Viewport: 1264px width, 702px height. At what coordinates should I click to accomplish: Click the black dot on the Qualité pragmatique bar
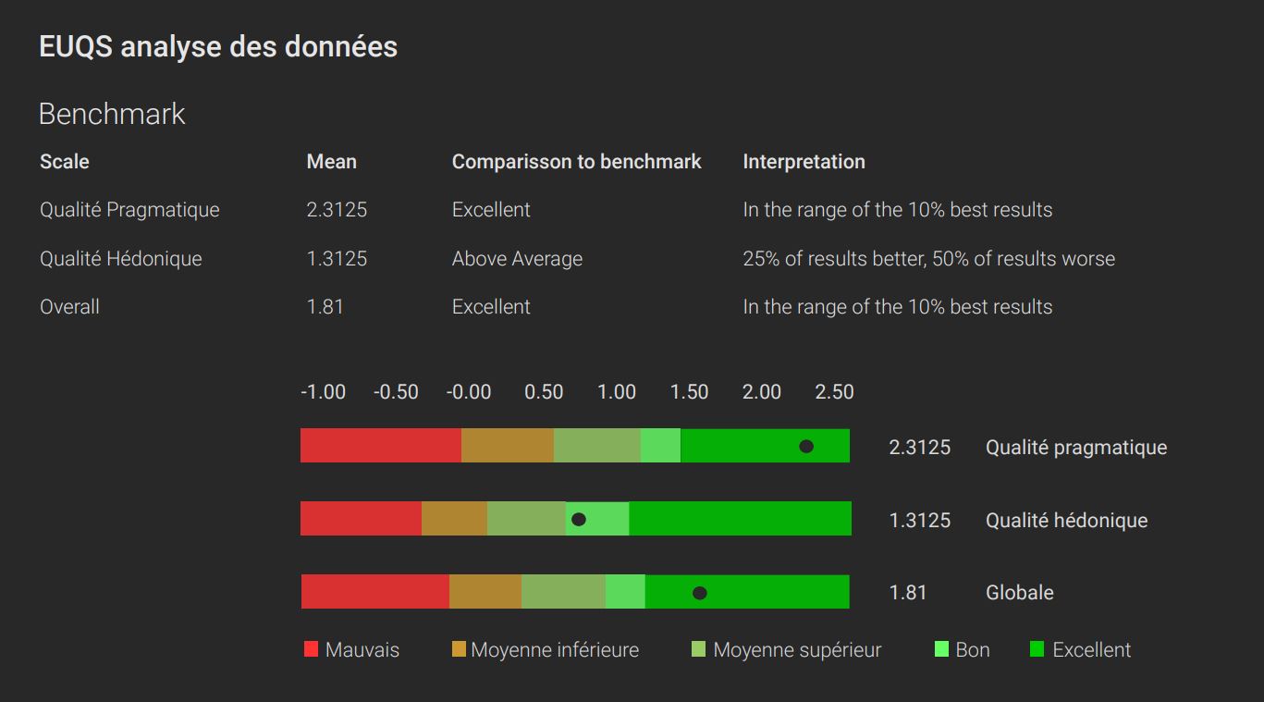(x=806, y=447)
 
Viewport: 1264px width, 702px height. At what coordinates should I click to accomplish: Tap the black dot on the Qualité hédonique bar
(x=579, y=520)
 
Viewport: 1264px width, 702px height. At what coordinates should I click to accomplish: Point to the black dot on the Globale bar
(x=700, y=593)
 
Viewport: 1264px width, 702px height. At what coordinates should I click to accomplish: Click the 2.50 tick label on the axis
(x=834, y=392)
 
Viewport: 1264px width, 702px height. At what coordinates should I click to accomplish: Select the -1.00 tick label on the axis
(x=323, y=392)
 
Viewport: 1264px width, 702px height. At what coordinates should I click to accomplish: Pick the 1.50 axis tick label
(x=689, y=392)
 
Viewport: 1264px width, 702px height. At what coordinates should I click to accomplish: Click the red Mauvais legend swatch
(x=311, y=649)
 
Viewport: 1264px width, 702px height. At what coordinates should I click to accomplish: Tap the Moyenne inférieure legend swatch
(x=459, y=649)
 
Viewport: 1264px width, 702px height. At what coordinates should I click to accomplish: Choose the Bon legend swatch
(x=942, y=649)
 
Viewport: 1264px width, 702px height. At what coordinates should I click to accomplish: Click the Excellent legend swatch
(x=1037, y=649)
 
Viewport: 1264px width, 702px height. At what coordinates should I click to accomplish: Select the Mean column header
(x=331, y=162)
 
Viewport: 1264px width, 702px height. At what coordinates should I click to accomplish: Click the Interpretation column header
(x=804, y=162)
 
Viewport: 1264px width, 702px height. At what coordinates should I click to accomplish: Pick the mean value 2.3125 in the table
(x=337, y=210)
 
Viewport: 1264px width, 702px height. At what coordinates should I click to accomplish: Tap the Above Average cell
(x=517, y=259)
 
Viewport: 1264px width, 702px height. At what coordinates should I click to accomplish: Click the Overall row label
(x=69, y=307)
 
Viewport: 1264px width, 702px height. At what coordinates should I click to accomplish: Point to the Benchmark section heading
(x=112, y=115)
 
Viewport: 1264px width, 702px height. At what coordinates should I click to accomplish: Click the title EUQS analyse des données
(x=218, y=47)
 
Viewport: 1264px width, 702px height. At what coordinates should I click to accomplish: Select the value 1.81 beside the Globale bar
(x=907, y=593)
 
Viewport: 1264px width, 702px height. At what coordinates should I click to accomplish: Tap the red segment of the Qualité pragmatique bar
(x=380, y=446)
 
